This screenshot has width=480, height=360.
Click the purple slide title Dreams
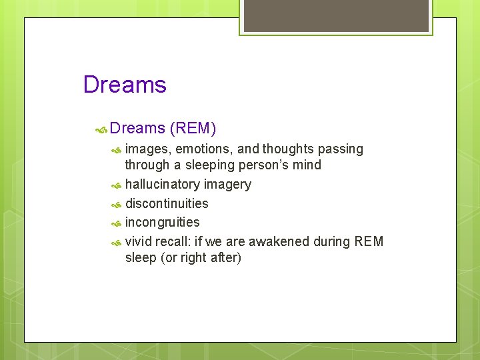pos(125,85)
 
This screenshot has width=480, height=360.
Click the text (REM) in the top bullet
pos(193,127)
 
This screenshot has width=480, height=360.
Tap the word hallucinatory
pos(162,184)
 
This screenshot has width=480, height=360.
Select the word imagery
pos(227,185)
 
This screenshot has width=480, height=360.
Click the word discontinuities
pos(167,203)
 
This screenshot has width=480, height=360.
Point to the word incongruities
pos(162,223)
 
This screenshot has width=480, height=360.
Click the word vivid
pos(139,241)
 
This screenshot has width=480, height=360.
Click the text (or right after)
pos(201,257)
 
